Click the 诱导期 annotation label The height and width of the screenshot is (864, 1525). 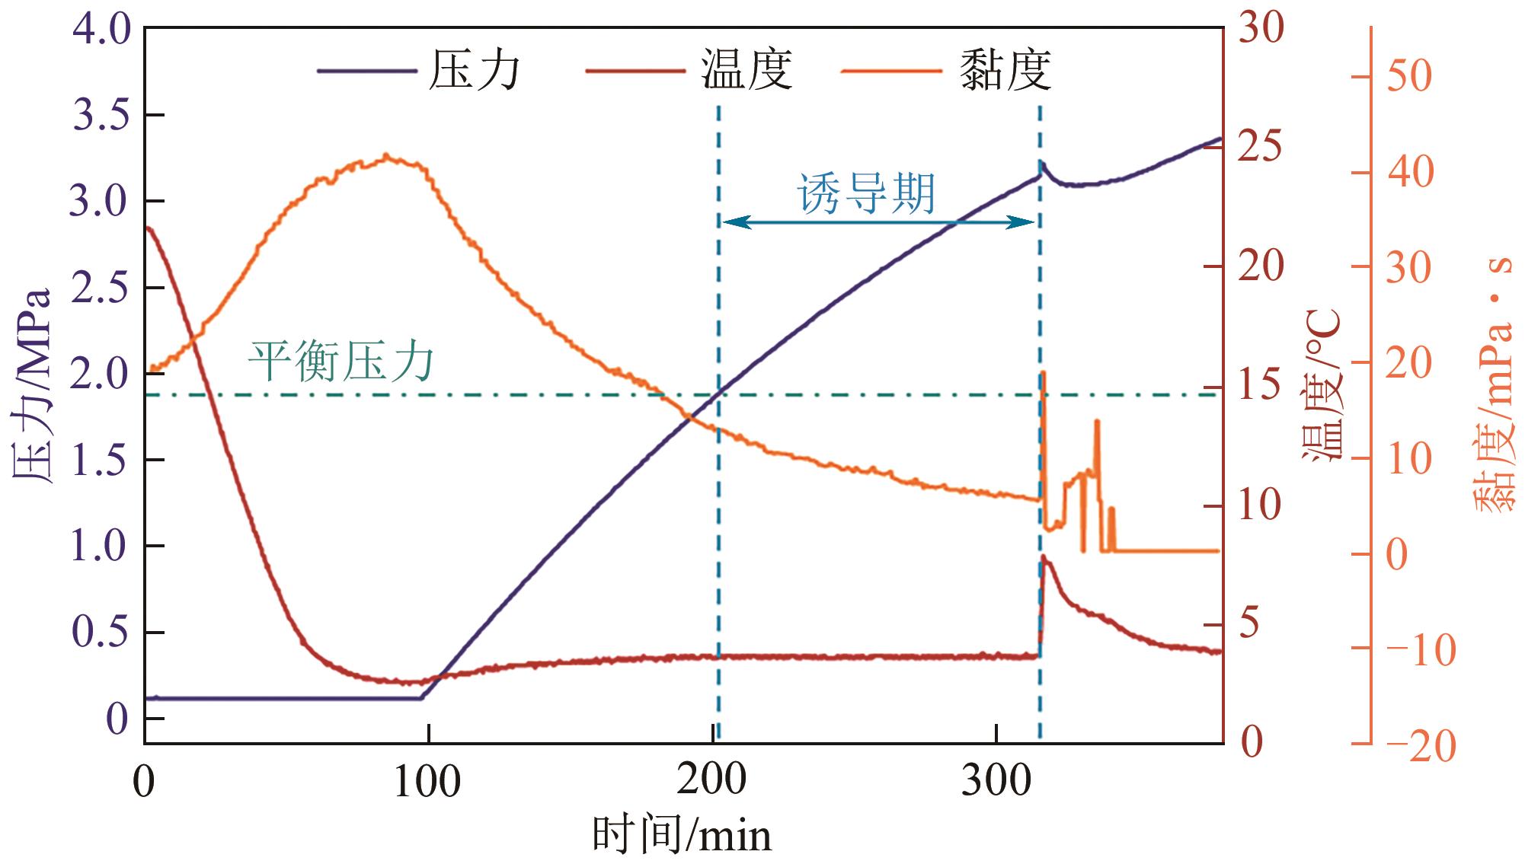click(x=866, y=193)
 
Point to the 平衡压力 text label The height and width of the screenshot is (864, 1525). click(x=340, y=361)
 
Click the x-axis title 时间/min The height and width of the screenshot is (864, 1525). click(x=682, y=835)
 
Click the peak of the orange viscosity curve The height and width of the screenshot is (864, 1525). click(x=386, y=157)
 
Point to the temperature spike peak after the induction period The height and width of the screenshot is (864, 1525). click(x=1044, y=557)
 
